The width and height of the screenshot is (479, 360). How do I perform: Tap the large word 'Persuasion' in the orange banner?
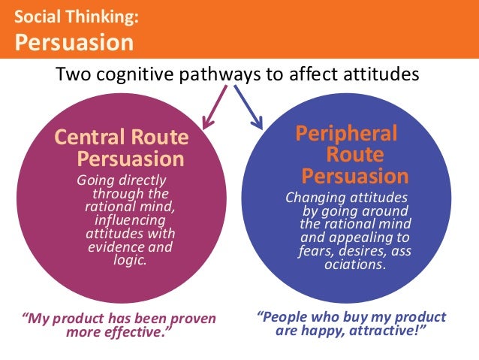tap(74, 41)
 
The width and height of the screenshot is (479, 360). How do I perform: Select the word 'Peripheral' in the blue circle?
tap(346, 134)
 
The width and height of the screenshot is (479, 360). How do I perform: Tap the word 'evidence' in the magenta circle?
tap(114, 247)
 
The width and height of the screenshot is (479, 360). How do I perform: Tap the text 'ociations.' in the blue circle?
tap(354, 265)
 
